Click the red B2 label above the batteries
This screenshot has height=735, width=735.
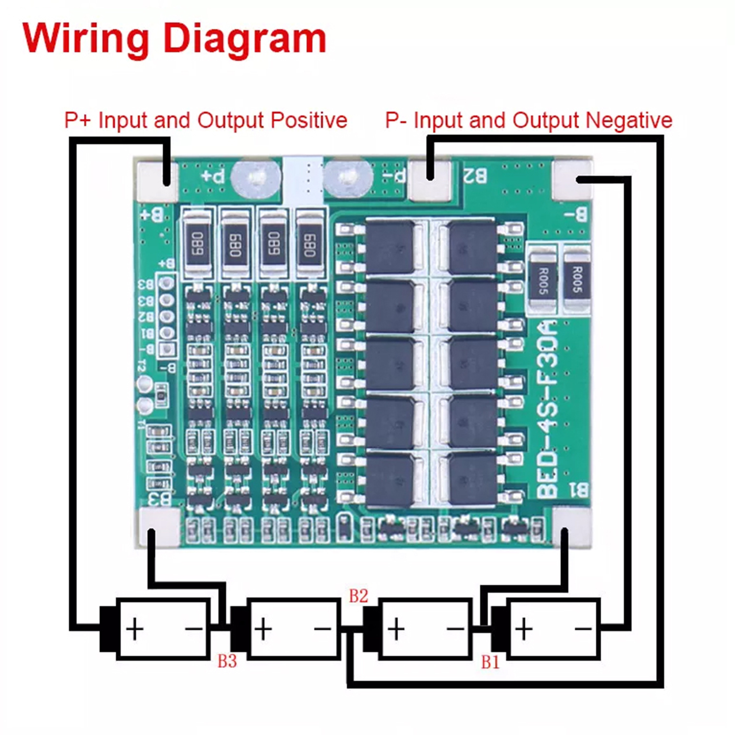coord(358,596)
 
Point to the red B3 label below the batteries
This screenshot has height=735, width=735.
coord(227,661)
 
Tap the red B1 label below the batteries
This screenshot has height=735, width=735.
coord(490,662)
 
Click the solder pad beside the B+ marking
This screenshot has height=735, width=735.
coord(158,181)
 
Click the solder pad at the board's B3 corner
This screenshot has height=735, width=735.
coord(159,527)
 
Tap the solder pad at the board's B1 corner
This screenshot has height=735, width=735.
coord(571,527)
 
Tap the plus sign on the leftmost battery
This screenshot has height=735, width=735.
coord(135,629)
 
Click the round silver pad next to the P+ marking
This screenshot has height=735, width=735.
coord(255,177)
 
